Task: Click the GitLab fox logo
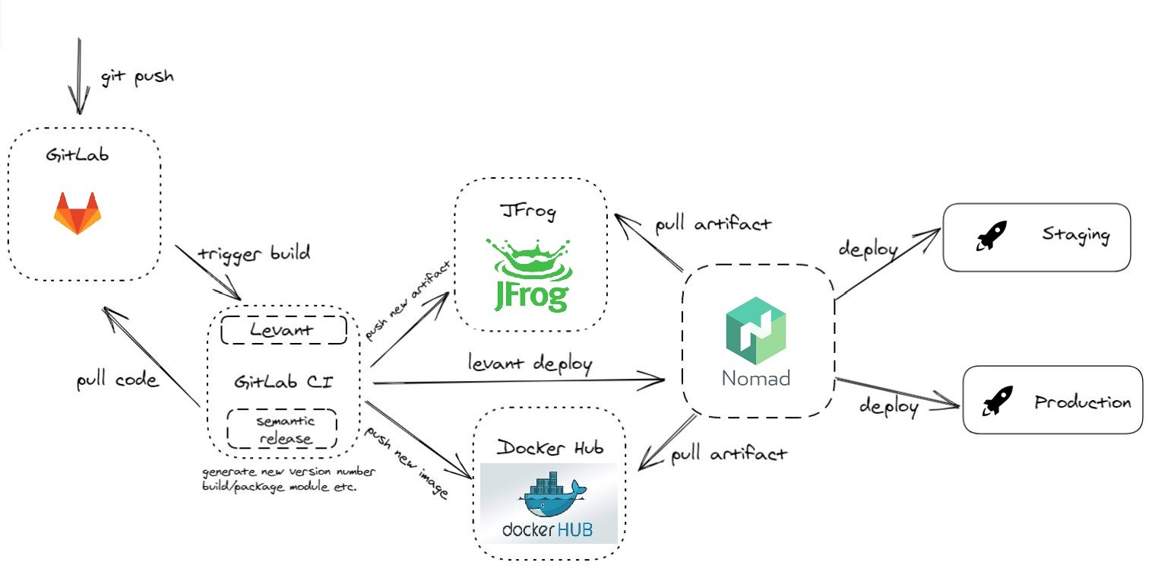pyautogui.click(x=78, y=214)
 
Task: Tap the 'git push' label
pyautogui.click(x=137, y=77)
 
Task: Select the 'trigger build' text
pyautogui.click(x=254, y=253)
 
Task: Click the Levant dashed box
pyautogui.click(x=283, y=330)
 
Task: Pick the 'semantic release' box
pyautogui.click(x=282, y=429)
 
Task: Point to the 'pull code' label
pyautogui.click(x=118, y=380)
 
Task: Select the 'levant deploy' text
pyautogui.click(x=530, y=364)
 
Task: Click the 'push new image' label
pyautogui.click(x=407, y=462)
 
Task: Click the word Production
pyautogui.click(x=1083, y=402)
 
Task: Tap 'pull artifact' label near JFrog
pyautogui.click(x=713, y=224)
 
